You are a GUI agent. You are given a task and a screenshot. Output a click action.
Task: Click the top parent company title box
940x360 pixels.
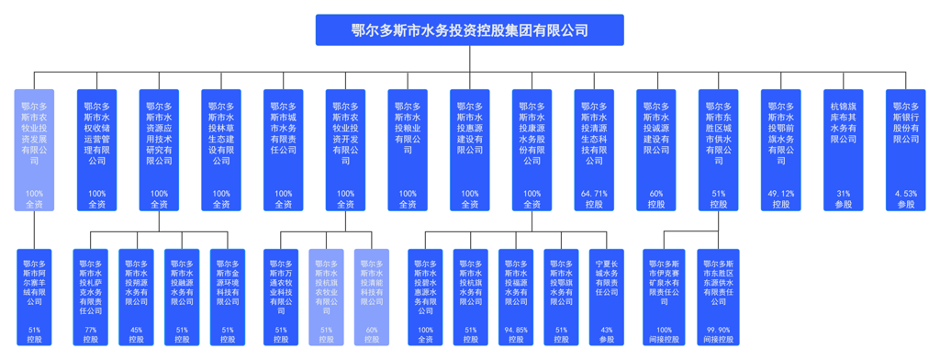point(469,29)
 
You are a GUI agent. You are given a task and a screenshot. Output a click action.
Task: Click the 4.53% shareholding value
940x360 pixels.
point(906,194)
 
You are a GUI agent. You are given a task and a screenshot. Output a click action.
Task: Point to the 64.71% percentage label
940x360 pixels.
point(594,194)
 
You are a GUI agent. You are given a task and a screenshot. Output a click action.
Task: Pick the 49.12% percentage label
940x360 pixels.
point(781,194)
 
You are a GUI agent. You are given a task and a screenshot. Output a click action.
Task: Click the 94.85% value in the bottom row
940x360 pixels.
point(516,330)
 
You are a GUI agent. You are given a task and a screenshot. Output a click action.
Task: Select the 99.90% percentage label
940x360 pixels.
point(718,330)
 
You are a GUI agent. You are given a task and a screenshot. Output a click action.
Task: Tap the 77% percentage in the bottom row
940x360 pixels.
point(91,330)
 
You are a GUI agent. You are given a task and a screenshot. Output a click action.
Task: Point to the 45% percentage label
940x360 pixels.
point(137,330)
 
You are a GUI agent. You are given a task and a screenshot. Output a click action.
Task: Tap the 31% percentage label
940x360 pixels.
point(844,194)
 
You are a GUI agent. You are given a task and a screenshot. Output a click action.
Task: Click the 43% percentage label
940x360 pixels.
point(606,330)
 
